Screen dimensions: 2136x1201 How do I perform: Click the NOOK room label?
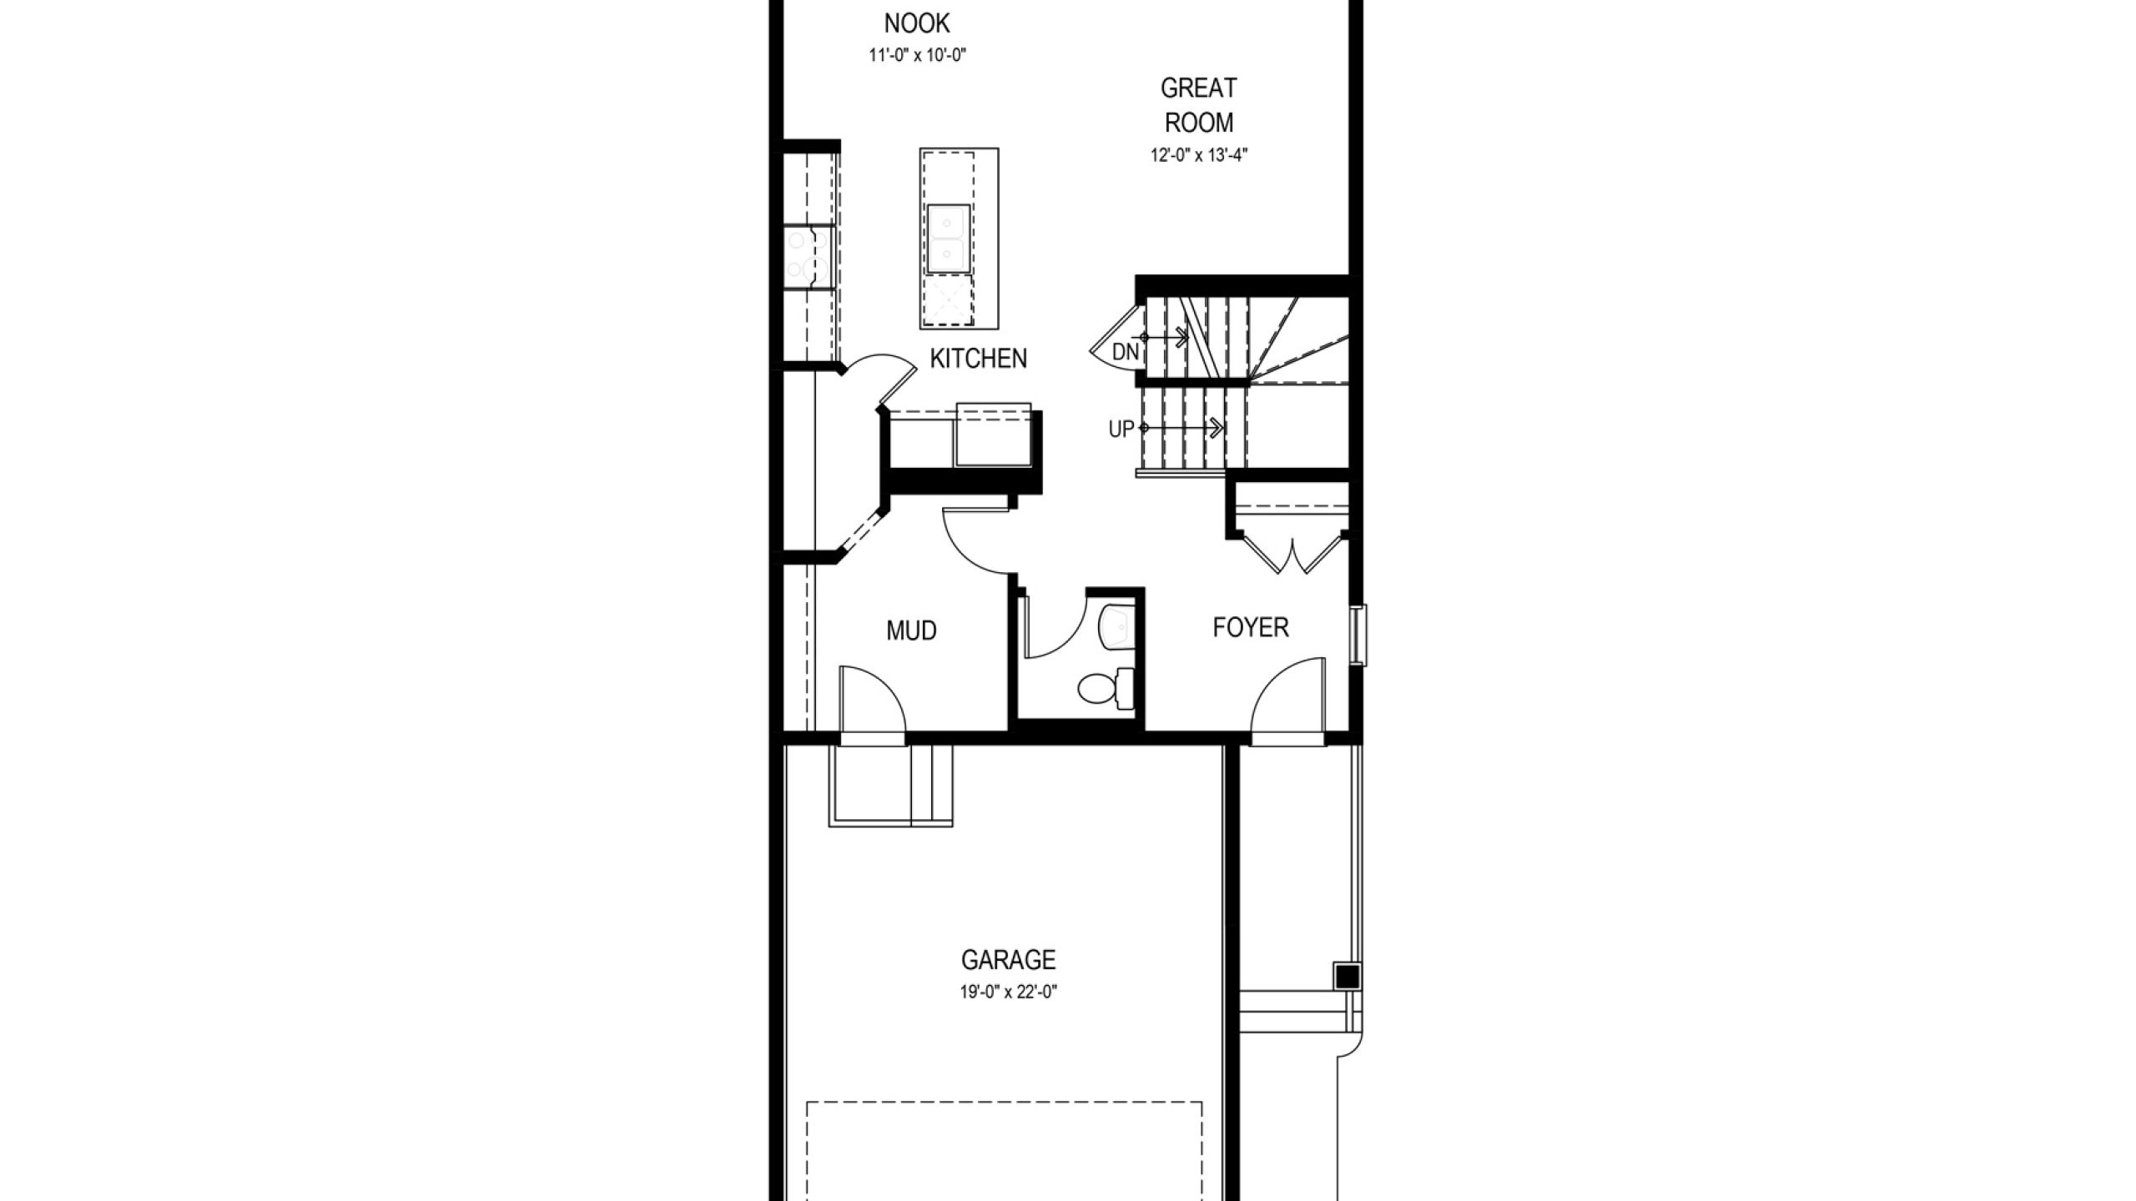pyautogui.click(x=917, y=23)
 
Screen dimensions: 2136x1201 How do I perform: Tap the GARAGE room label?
pyautogui.click(x=1008, y=960)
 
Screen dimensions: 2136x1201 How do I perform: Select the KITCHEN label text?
pyautogui.click(x=978, y=359)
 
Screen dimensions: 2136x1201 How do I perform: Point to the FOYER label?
pyautogui.click(x=1250, y=627)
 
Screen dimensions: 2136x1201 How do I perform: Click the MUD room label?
pyautogui.click(x=911, y=631)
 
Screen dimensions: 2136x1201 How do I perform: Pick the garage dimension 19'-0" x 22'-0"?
pyautogui.click(x=1008, y=992)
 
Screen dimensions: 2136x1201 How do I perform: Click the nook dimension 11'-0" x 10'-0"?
pyautogui.click(x=917, y=56)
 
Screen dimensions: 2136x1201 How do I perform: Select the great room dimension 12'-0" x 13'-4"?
pyautogui.click(x=1199, y=155)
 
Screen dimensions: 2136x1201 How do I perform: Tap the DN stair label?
pyautogui.click(x=1126, y=353)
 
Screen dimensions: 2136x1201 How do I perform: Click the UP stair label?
pyautogui.click(x=1121, y=430)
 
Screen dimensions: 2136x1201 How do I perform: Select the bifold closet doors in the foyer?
pyautogui.click(x=1292, y=555)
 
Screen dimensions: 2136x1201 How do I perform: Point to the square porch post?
pyautogui.click(x=1347, y=977)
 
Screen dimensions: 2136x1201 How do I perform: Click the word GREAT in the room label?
pyautogui.click(x=1199, y=88)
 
